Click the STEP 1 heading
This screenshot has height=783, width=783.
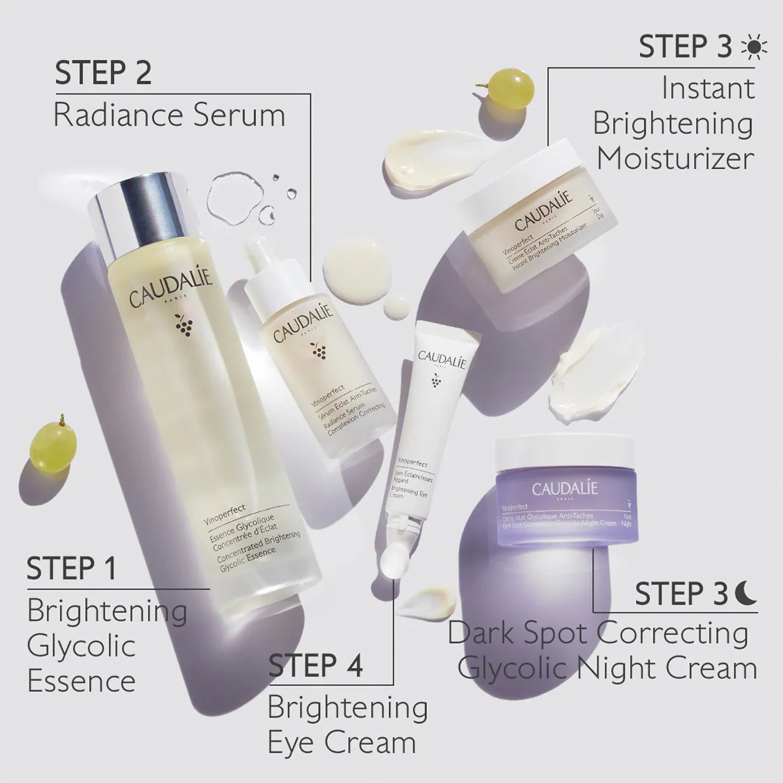(72, 569)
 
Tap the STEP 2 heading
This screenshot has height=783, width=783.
(103, 73)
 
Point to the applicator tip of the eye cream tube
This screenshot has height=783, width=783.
(391, 560)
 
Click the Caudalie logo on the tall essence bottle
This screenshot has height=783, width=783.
(171, 291)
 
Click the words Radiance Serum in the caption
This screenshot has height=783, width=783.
(169, 116)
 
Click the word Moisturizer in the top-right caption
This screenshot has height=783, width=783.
(675, 158)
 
